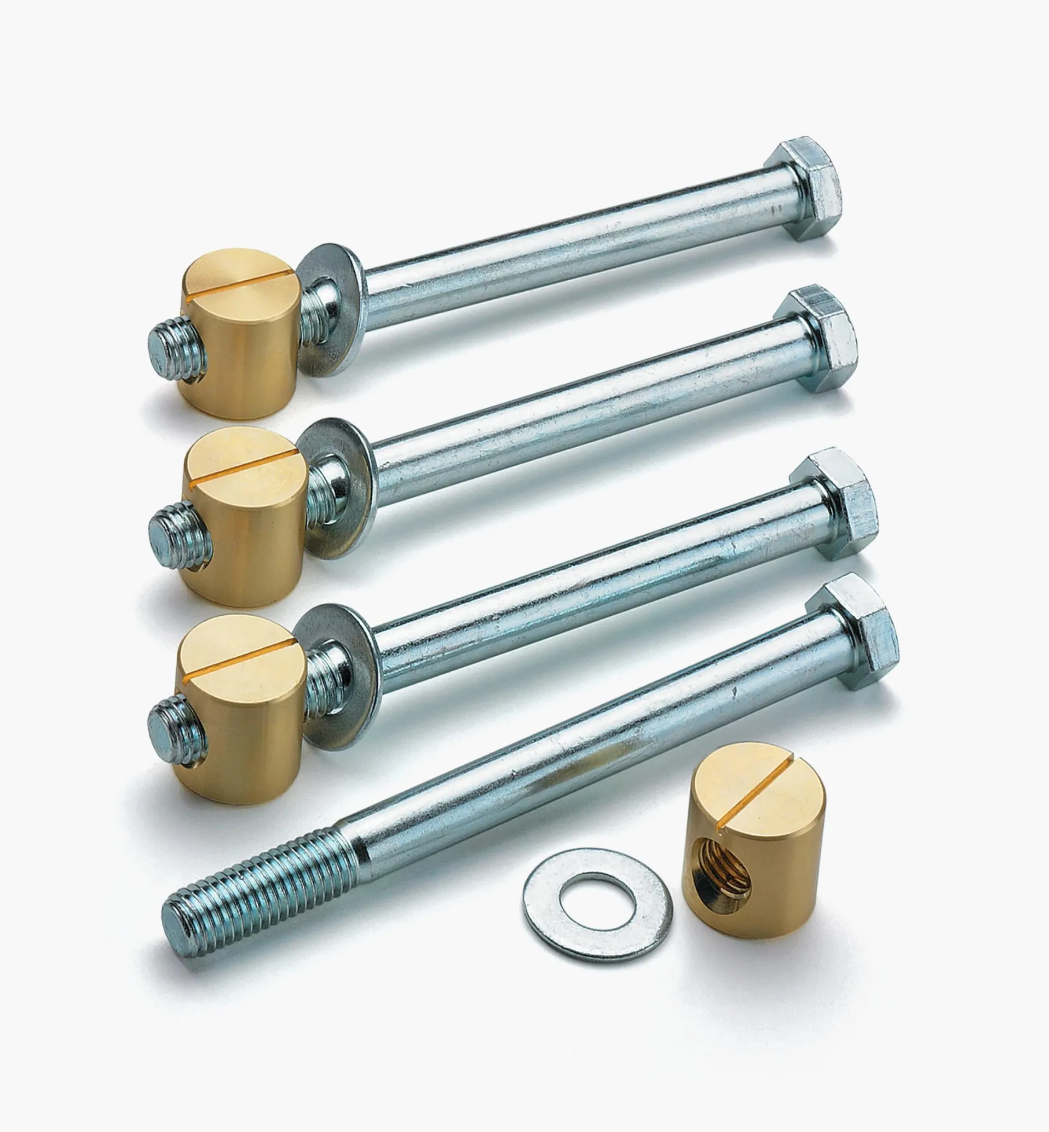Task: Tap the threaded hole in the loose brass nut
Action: [x=723, y=880]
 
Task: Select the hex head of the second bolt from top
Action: [x=818, y=338]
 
